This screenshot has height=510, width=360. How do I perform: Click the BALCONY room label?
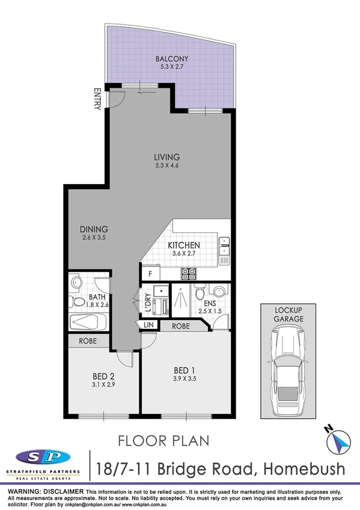[171, 59]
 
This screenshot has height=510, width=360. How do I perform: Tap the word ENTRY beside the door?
[97, 100]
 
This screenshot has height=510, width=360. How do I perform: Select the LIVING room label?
[165, 158]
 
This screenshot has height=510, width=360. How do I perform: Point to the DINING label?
[93, 229]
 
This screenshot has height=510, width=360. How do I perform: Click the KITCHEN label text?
[183, 245]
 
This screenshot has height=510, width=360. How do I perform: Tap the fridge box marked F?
[149, 274]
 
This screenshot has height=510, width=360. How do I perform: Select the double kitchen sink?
[224, 251]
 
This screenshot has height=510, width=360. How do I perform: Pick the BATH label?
[97, 297]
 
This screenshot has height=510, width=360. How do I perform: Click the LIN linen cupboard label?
[148, 325]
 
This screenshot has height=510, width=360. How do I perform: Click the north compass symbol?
[339, 442]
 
